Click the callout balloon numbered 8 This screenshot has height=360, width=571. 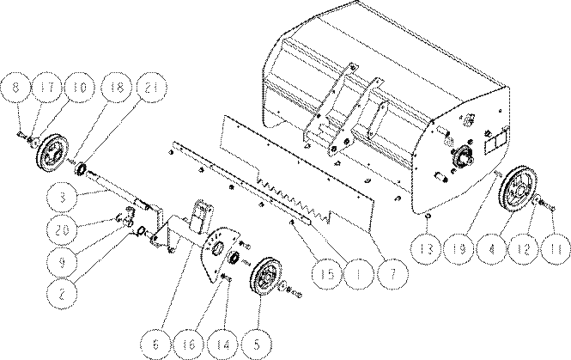coord(15,88)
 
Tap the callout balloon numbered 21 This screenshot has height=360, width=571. coord(151,88)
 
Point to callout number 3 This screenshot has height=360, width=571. coord(63,198)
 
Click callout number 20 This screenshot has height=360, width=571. coord(63,230)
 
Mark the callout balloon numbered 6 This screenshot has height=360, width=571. coord(156,345)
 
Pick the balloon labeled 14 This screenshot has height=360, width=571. coord(223,345)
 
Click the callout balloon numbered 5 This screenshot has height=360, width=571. coord(257,345)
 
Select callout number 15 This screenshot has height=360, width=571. coord(327,274)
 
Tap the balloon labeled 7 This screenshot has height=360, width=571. coord(392,274)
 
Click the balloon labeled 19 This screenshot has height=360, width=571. coord(459,249)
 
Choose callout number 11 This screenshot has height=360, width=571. coord(556,249)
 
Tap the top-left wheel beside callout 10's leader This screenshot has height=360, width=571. coord(52,153)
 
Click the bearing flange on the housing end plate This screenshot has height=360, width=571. coord(462,155)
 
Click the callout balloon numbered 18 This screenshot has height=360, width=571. coord(116,88)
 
